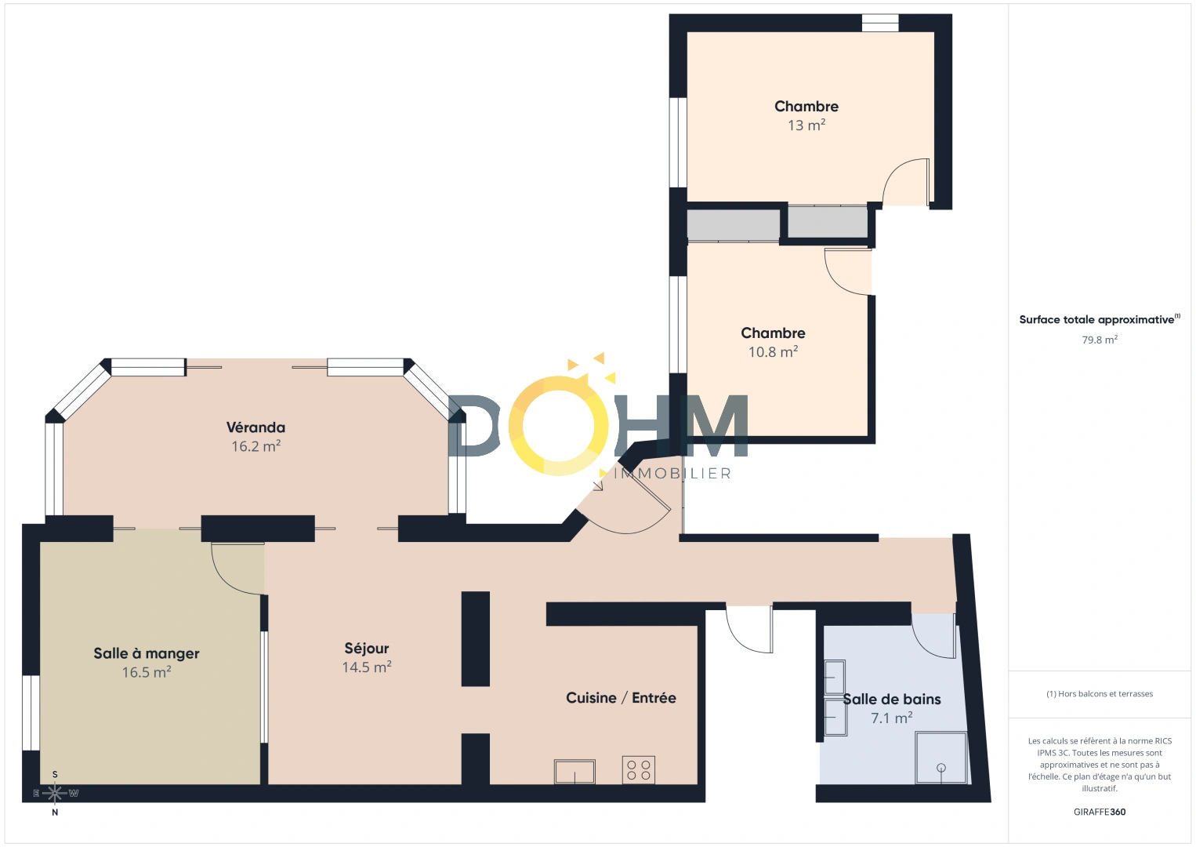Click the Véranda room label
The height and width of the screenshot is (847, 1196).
256,427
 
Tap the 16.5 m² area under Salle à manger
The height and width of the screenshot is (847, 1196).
147,673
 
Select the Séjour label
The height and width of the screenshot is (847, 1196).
367,649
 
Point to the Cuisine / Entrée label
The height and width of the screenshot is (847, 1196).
621,698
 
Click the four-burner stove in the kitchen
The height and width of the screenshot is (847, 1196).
639,769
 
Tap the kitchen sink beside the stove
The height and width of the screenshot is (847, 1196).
574,771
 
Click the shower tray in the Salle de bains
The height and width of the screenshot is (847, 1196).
941,758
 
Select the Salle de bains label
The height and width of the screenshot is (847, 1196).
892,700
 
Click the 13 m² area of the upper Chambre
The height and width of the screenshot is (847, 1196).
806,125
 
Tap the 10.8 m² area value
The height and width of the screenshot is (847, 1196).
773,352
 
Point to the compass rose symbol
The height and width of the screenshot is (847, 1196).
55,794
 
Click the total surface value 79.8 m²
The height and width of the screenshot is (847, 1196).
1100,340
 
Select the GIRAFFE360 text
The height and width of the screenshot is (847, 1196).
1100,812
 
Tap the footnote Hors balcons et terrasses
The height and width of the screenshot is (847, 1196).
1100,694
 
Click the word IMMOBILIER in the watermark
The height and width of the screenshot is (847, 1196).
672,474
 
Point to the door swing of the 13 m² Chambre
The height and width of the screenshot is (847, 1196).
904,182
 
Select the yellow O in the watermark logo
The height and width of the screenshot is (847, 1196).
558,426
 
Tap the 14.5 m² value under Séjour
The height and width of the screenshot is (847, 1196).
367,667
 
